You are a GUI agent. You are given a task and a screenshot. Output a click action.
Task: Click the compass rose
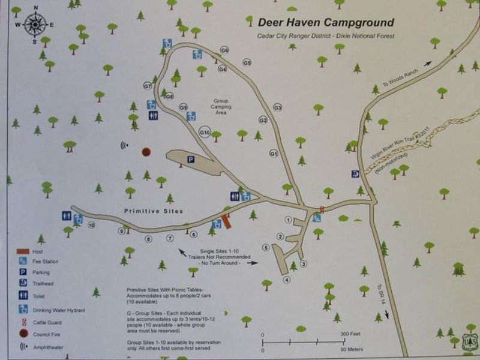click(x=35, y=25)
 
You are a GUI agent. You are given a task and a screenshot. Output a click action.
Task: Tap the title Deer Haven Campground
click(x=326, y=23)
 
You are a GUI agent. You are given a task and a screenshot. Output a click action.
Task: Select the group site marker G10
click(x=205, y=132)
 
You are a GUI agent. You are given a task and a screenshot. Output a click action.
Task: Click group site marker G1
click(x=273, y=154)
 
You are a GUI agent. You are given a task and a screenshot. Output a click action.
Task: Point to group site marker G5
click(x=247, y=62)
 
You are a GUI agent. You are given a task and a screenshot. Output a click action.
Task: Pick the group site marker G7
click(x=147, y=86)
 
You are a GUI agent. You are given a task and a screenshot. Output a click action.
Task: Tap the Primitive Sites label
click(x=153, y=211)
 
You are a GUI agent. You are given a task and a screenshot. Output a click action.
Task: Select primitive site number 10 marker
click(x=91, y=226)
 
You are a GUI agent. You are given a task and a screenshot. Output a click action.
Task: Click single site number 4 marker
click(x=287, y=280)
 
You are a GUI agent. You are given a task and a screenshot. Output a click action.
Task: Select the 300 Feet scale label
click(x=350, y=334)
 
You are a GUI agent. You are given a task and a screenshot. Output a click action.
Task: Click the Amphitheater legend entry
click(x=52, y=346)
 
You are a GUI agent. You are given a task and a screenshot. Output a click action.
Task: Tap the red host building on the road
click(x=226, y=221)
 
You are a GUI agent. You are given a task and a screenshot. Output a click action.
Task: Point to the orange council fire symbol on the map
click(x=146, y=152)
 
